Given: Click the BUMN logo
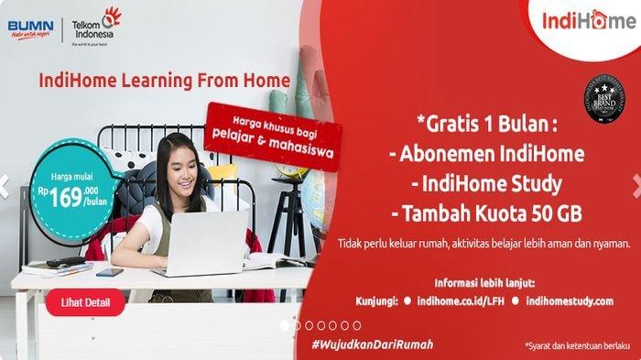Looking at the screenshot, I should click(29, 27).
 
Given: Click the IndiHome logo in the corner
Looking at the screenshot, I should click(588, 21).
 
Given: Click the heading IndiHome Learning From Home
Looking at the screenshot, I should click(164, 81).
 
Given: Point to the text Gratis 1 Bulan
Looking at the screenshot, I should click(486, 123).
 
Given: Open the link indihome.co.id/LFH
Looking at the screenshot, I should click(462, 300).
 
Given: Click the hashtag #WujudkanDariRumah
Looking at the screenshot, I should click(372, 344).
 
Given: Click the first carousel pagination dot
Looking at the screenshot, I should click(285, 324).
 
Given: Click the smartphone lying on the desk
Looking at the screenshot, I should click(109, 272).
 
